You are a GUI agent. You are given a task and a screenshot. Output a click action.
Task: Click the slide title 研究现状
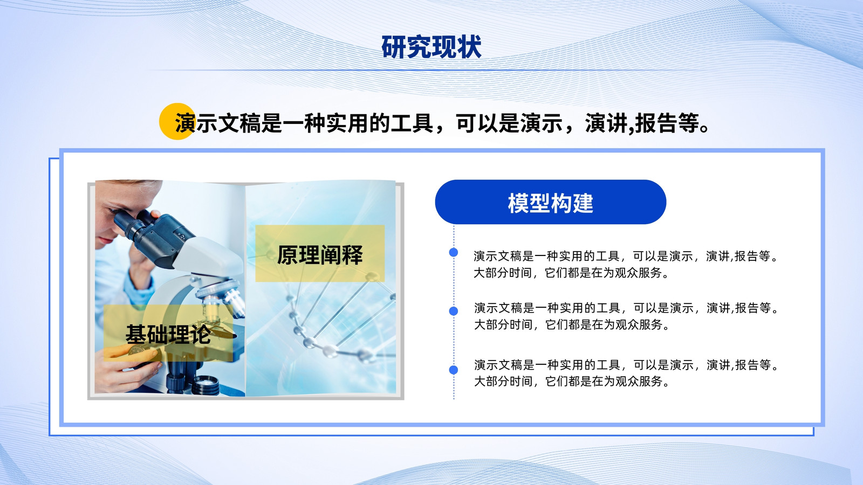[x=432, y=47]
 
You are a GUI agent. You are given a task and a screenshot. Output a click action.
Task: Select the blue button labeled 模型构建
[x=551, y=202]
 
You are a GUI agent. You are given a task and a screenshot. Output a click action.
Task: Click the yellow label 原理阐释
[x=320, y=253]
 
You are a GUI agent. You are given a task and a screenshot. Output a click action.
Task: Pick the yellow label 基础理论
[x=168, y=334]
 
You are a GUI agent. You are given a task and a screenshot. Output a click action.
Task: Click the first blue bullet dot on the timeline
[x=454, y=253]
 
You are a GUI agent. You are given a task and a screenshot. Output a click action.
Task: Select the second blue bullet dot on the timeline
[x=454, y=311]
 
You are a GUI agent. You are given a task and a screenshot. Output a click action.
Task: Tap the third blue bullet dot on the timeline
[x=454, y=370]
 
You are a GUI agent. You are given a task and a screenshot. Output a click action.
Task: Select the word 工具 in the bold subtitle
[x=412, y=123]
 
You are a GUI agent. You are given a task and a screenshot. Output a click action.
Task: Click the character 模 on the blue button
[x=518, y=203]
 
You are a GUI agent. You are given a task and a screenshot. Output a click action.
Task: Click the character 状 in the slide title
[x=469, y=47]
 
